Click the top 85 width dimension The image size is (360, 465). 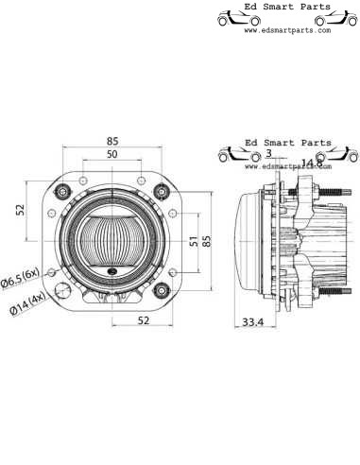pyautogui.click(x=112, y=142)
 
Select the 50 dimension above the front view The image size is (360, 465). pyautogui.click(x=112, y=154)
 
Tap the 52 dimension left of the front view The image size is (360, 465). pyautogui.click(x=20, y=210)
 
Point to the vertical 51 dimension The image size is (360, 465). pyautogui.click(x=194, y=242)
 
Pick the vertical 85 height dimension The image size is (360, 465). pyautogui.click(x=207, y=240)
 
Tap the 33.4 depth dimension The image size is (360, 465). pyautogui.click(x=252, y=322)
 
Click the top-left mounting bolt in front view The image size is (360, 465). pyautogui.click(x=64, y=192)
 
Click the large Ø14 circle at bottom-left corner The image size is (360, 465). pyautogui.click(x=64, y=290)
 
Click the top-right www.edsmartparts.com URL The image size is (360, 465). pyautogui.click(x=287, y=30)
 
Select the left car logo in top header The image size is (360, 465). pyautogui.click(x=232, y=17)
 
